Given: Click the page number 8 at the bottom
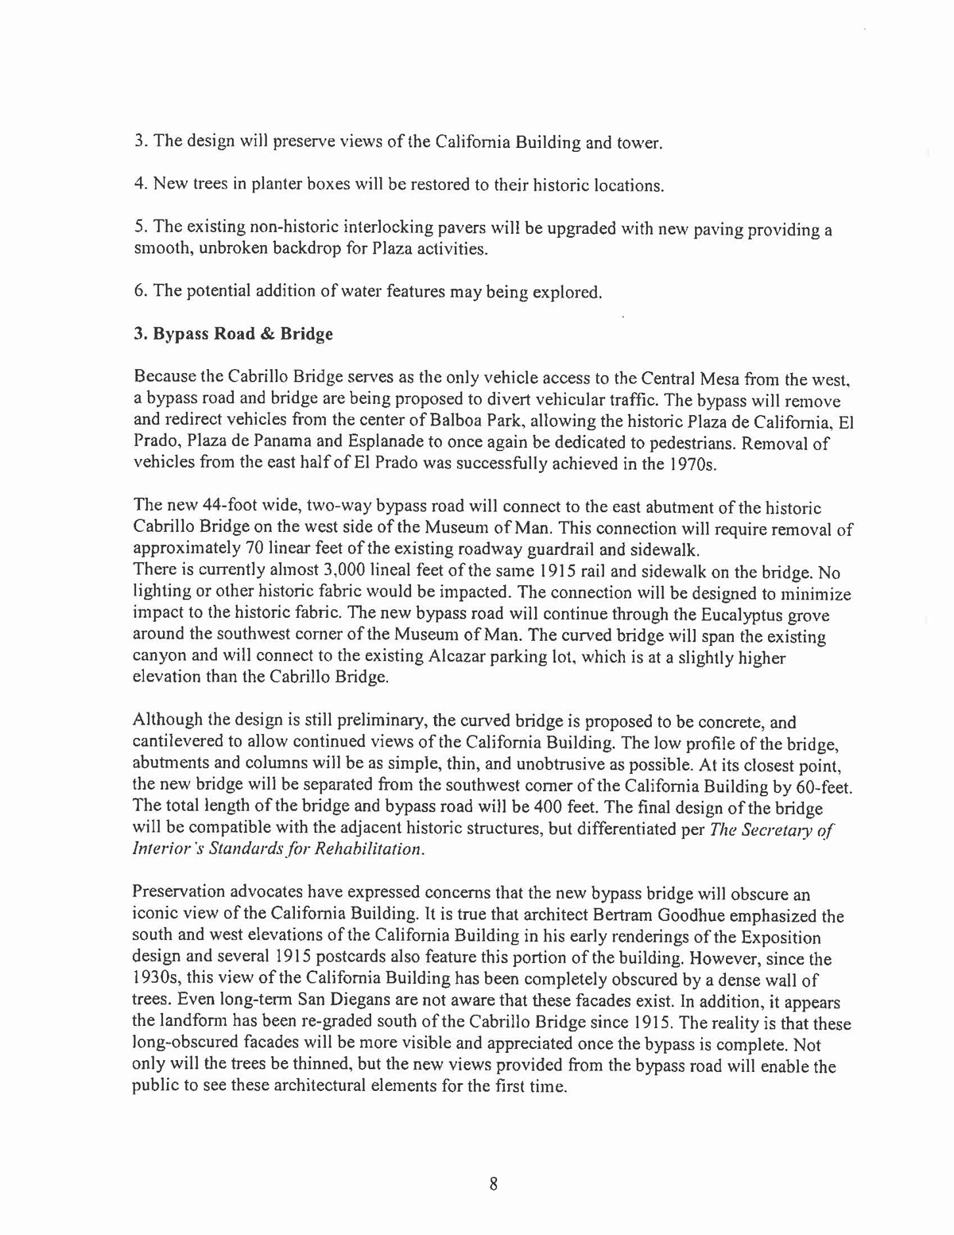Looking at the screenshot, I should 493,1183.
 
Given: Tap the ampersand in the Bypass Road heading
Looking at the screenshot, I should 267,334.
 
